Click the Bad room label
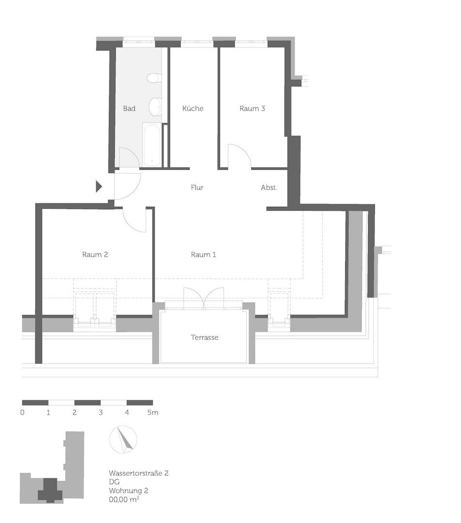tap(129, 108)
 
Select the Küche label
tap(193, 108)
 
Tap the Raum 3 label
tap(252, 108)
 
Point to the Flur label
tap(197, 187)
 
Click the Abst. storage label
tap(269, 187)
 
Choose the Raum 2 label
tap(95, 254)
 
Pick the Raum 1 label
tap(203, 254)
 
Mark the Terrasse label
tap(204, 337)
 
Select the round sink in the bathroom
tap(155, 107)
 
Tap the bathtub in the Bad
tap(152, 145)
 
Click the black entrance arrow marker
tap(99, 186)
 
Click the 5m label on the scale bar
tap(153, 413)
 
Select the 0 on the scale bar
tap(23, 413)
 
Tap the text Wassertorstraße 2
tap(139, 473)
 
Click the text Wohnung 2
tap(129, 490)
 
